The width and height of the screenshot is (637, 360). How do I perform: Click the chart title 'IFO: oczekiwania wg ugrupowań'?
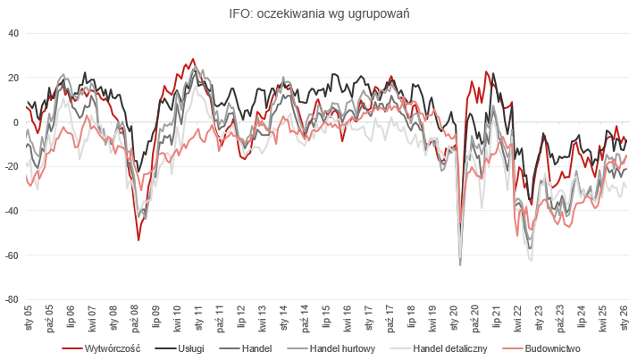[x=319, y=13]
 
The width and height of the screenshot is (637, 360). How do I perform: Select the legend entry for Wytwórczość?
[x=113, y=347]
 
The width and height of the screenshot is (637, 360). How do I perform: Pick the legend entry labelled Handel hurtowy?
[x=342, y=347]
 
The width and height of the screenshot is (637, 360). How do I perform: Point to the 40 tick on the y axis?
[x=13, y=33]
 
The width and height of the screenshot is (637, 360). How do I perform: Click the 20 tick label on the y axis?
[x=13, y=78]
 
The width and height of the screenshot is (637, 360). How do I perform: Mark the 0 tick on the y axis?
[x=16, y=122]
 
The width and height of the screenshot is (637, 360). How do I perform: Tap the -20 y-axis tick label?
[x=12, y=166]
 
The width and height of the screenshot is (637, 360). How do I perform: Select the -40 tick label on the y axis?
[x=12, y=211]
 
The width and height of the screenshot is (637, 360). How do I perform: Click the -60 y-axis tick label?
[x=12, y=255]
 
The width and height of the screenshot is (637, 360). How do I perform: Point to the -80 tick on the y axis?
[x=12, y=300]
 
